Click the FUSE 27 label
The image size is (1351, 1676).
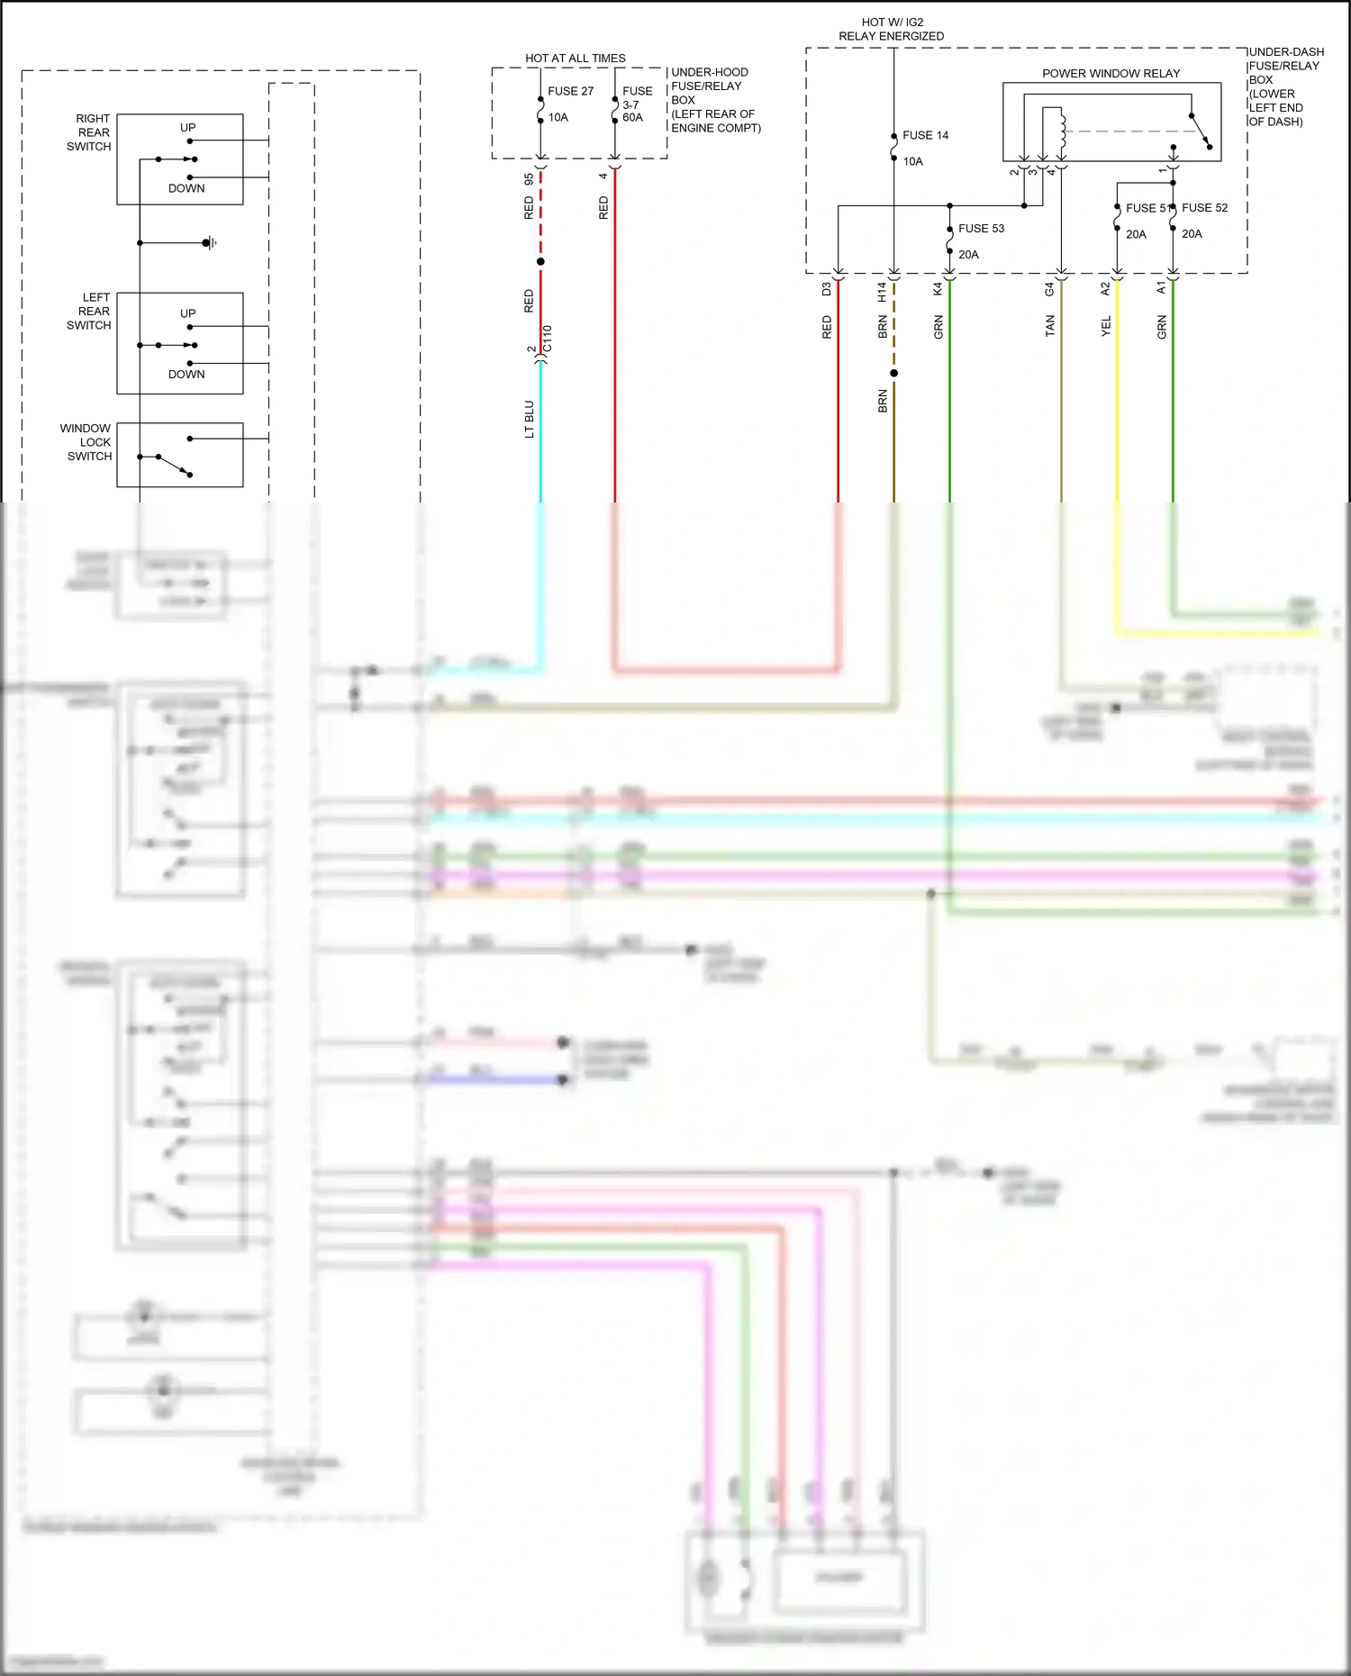coord(570,91)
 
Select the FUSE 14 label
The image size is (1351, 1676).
coord(925,135)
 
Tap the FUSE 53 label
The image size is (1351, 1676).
coord(981,229)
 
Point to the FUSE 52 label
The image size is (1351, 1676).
coord(1205,208)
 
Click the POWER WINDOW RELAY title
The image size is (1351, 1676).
coord(1111,74)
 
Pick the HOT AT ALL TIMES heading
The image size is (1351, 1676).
coord(575,59)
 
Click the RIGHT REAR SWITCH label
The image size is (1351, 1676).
coord(89,132)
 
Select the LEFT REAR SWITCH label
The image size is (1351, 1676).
coord(89,312)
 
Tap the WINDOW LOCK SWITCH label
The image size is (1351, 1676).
coord(86,442)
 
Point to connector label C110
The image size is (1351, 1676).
coord(548,344)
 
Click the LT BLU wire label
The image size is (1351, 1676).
coord(530,420)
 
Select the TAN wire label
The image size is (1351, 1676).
coord(1050,326)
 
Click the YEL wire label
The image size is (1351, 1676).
coord(1106,326)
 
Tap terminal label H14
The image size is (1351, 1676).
coord(882,291)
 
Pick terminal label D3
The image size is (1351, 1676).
coord(826,290)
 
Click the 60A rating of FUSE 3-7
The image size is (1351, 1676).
coord(633,118)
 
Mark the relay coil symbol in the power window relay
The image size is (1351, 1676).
coord(1062,131)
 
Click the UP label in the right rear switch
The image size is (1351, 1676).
coord(187,128)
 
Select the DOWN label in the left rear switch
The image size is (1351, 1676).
coord(186,375)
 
